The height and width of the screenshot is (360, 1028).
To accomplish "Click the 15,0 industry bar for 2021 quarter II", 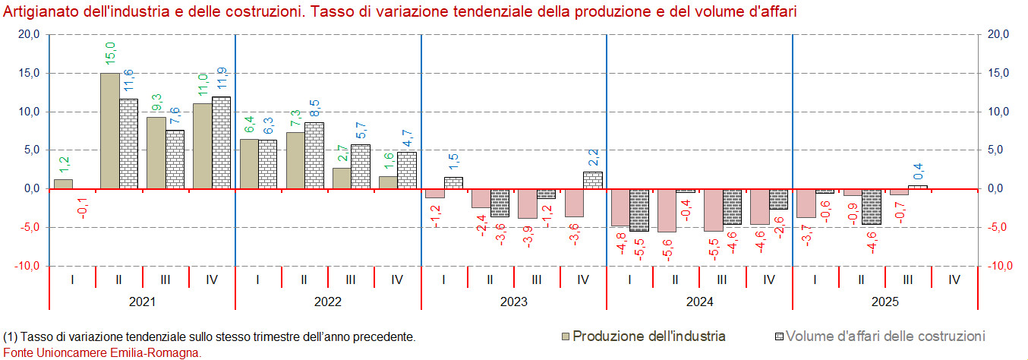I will click(110, 131).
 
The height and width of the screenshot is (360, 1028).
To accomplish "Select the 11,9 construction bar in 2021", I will click(221, 143).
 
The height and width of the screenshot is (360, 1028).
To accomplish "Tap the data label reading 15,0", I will click(110, 53).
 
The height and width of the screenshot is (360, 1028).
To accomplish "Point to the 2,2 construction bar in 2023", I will click(592, 181).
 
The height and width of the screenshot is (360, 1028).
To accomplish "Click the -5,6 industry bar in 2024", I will click(667, 210).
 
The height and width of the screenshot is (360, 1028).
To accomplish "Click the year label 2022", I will click(327, 302).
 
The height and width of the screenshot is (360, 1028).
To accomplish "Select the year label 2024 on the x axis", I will click(699, 302).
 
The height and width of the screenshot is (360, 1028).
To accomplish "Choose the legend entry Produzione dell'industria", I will click(649, 336).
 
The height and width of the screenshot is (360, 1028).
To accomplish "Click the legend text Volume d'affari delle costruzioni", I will click(885, 336).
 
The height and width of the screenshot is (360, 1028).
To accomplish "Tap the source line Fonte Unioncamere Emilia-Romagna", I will click(102, 352).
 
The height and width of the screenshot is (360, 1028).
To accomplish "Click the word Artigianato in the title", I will click(38, 12).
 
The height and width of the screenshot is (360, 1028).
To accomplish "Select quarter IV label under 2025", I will click(954, 279).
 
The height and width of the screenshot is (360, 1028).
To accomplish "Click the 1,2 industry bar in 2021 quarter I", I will click(64, 184).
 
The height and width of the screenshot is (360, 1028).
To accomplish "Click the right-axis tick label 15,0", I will click(996, 73).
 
